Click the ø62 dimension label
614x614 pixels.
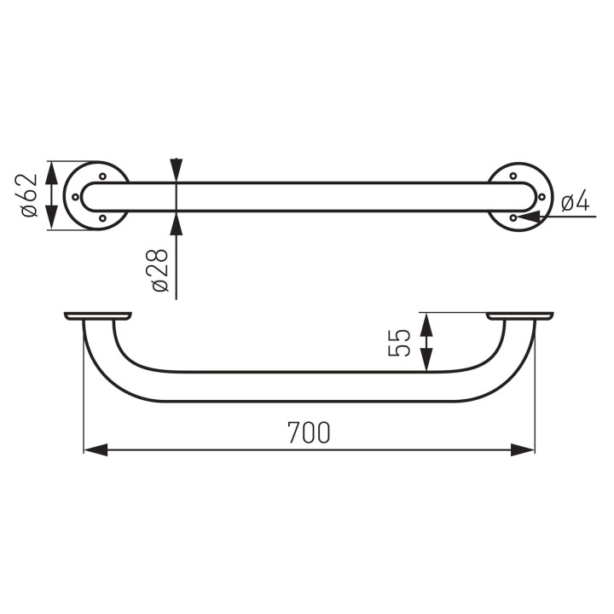click(x=29, y=195)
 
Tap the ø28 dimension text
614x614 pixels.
click(x=159, y=270)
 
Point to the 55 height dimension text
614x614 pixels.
click(x=399, y=343)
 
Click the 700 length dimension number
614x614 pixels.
click(x=309, y=432)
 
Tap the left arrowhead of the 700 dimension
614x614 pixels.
click(x=96, y=449)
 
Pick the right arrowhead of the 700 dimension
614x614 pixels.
click(x=523, y=449)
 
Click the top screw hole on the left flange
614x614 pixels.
click(x=103, y=177)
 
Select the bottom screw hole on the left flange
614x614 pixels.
click(x=103, y=217)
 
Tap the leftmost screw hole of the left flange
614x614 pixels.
click(x=76, y=197)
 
